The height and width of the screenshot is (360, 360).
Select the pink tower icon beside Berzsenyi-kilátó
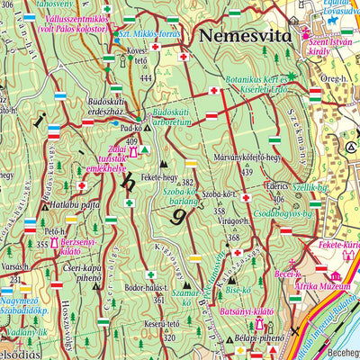(x=53, y=244)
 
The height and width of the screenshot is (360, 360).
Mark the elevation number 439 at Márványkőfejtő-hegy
(x=246, y=171)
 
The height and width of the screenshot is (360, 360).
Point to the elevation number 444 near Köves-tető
(x=146, y=78)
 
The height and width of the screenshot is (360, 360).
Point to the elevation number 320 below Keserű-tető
(x=168, y=338)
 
